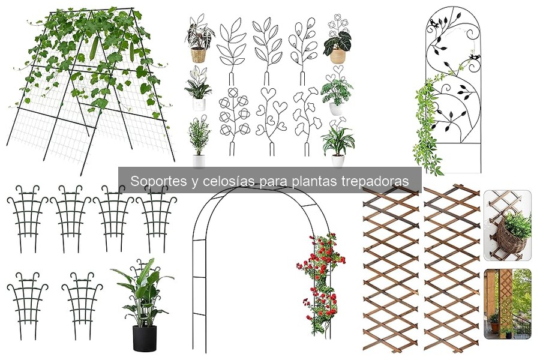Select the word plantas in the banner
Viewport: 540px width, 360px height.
316,181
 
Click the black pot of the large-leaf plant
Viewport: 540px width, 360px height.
144,338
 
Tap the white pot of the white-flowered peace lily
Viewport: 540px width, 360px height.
199,104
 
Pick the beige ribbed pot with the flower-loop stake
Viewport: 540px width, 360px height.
338,56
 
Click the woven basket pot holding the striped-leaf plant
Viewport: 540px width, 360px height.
198,55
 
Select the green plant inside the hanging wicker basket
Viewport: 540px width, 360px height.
517,225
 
